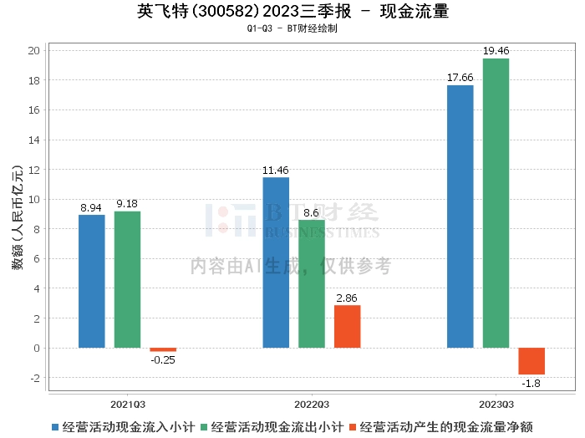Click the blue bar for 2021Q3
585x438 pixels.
92,281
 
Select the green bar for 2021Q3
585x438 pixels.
127,279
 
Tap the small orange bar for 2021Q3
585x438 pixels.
163,349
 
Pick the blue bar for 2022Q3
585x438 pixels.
276,262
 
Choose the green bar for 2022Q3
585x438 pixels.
312,284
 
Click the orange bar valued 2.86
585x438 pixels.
347,326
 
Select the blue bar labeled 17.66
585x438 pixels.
460,216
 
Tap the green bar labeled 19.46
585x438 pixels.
496,203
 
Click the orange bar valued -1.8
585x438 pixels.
532,361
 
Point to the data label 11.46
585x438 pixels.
276,171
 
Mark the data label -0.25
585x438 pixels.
163,360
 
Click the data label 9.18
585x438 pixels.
127,204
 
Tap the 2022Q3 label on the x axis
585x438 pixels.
312,402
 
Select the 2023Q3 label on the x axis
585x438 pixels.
496,402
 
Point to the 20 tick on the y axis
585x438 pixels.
34,50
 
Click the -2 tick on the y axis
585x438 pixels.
34,378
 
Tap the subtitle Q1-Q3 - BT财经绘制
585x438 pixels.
292,28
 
